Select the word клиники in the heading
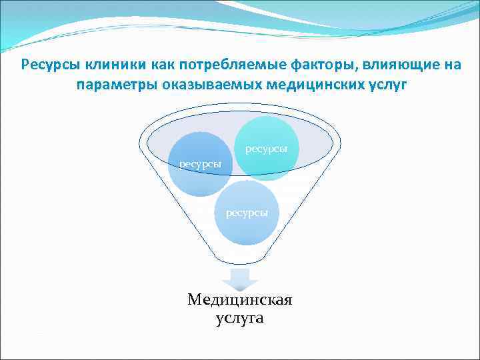[x=109, y=65]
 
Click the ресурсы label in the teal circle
[x=267, y=148]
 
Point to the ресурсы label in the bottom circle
[x=247, y=212]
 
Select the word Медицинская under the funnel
[x=240, y=300]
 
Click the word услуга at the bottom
[x=240, y=319]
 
